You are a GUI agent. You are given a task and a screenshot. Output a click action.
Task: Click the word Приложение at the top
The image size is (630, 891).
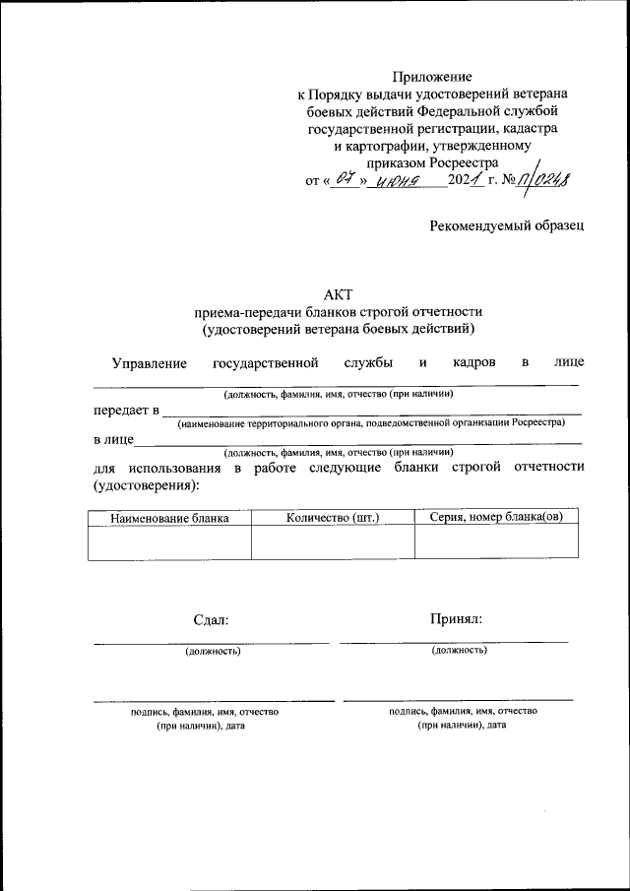point(432,77)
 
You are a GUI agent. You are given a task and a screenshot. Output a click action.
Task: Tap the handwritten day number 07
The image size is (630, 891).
point(344,179)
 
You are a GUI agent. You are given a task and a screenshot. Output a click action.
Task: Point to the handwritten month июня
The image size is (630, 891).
point(402,180)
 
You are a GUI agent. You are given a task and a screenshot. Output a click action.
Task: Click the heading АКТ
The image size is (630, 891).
point(338,292)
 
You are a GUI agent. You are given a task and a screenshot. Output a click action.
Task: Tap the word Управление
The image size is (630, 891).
point(150,363)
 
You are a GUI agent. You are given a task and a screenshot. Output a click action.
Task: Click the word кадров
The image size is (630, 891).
point(474,363)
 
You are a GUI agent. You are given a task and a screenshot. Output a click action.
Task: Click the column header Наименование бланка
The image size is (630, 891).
point(169,517)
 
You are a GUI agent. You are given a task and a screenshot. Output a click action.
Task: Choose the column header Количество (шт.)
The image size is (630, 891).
point(333,517)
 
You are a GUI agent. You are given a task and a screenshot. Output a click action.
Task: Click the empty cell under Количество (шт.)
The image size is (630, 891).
point(333,542)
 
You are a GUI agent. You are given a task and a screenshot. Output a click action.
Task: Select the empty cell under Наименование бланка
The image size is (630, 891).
point(169,542)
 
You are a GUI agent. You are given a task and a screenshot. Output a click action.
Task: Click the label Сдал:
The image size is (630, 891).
point(211,619)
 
